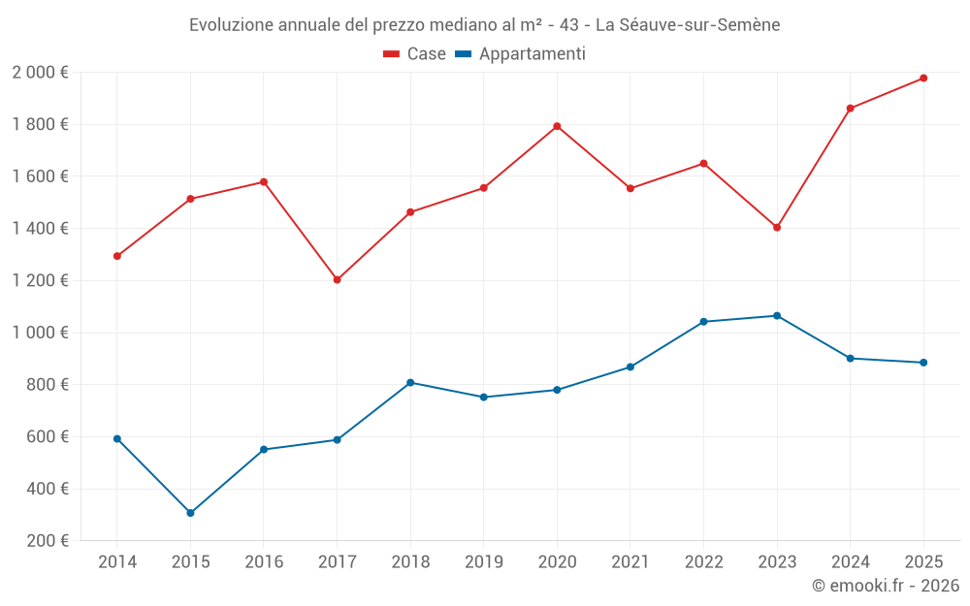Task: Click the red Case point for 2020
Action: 557,126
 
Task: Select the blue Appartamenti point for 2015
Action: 190,513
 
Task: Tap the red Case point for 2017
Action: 337,279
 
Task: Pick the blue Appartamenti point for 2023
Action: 777,316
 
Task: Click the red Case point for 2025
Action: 923,78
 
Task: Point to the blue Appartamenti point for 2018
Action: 410,383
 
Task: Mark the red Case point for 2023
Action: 777,227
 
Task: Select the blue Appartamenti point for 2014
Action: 117,439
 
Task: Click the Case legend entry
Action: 415,54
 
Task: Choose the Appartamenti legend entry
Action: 520,54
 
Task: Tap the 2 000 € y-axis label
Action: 40,73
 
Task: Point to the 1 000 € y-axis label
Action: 40,333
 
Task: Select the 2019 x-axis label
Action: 483,562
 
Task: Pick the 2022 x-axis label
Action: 703,562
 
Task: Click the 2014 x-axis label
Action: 117,562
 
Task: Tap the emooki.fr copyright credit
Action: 885,586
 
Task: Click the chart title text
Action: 485,24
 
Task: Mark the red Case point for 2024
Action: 850,109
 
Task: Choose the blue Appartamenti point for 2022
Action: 703,322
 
